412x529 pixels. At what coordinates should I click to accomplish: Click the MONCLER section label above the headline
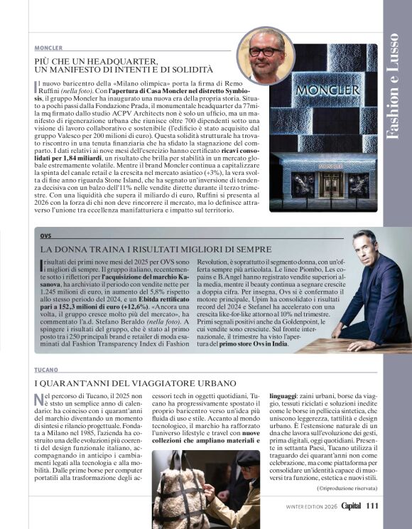pyautogui.click(x=48, y=48)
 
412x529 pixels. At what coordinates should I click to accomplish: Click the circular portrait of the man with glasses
pyautogui.click(x=266, y=55)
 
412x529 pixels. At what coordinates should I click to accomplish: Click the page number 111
pyautogui.click(x=372, y=506)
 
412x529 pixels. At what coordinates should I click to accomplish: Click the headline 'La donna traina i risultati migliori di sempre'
pyautogui.click(x=156, y=249)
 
